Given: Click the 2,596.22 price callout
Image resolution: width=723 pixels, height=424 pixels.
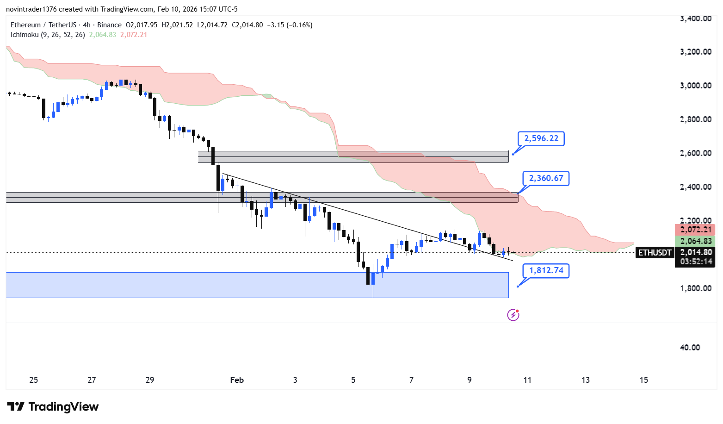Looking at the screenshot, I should [x=541, y=138].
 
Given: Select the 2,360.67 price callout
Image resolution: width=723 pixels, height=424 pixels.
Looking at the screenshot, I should [x=546, y=178].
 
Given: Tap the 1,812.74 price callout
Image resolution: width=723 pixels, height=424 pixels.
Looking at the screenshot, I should [x=546, y=270].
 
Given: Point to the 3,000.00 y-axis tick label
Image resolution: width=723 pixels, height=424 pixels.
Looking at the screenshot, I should [x=695, y=86].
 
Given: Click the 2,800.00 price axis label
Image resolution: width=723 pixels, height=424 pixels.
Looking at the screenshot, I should [x=695, y=119].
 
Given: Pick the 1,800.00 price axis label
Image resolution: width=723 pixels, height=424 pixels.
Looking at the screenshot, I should [x=695, y=288].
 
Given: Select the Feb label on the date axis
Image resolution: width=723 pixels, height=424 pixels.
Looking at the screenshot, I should [x=237, y=380].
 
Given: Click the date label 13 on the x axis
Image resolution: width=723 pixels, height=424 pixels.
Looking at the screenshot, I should [x=586, y=380].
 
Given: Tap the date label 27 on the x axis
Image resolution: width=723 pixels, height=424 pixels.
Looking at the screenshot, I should [x=92, y=380].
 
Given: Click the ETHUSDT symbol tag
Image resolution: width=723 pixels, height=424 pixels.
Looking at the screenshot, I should [x=655, y=253].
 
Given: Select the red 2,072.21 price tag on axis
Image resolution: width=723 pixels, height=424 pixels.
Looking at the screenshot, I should [x=696, y=230].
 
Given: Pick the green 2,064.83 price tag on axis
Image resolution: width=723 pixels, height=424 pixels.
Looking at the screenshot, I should [x=696, y=241].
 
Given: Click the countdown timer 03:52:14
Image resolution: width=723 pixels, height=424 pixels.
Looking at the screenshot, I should [x=696, y=262].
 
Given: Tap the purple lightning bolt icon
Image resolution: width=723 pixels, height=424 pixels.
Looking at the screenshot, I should [x=513, y=315].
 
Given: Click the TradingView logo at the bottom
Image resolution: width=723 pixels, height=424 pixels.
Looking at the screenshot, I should [x=53, y=407].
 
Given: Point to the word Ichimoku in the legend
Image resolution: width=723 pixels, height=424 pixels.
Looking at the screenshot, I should [x=25, y=35].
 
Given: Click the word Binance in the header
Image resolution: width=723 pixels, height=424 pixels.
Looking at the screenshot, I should [x=109, y=25].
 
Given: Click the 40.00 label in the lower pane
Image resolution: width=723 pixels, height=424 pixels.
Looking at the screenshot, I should [x=690, y=348].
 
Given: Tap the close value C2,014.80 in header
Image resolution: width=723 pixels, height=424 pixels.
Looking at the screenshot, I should [x=247, y=25].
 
